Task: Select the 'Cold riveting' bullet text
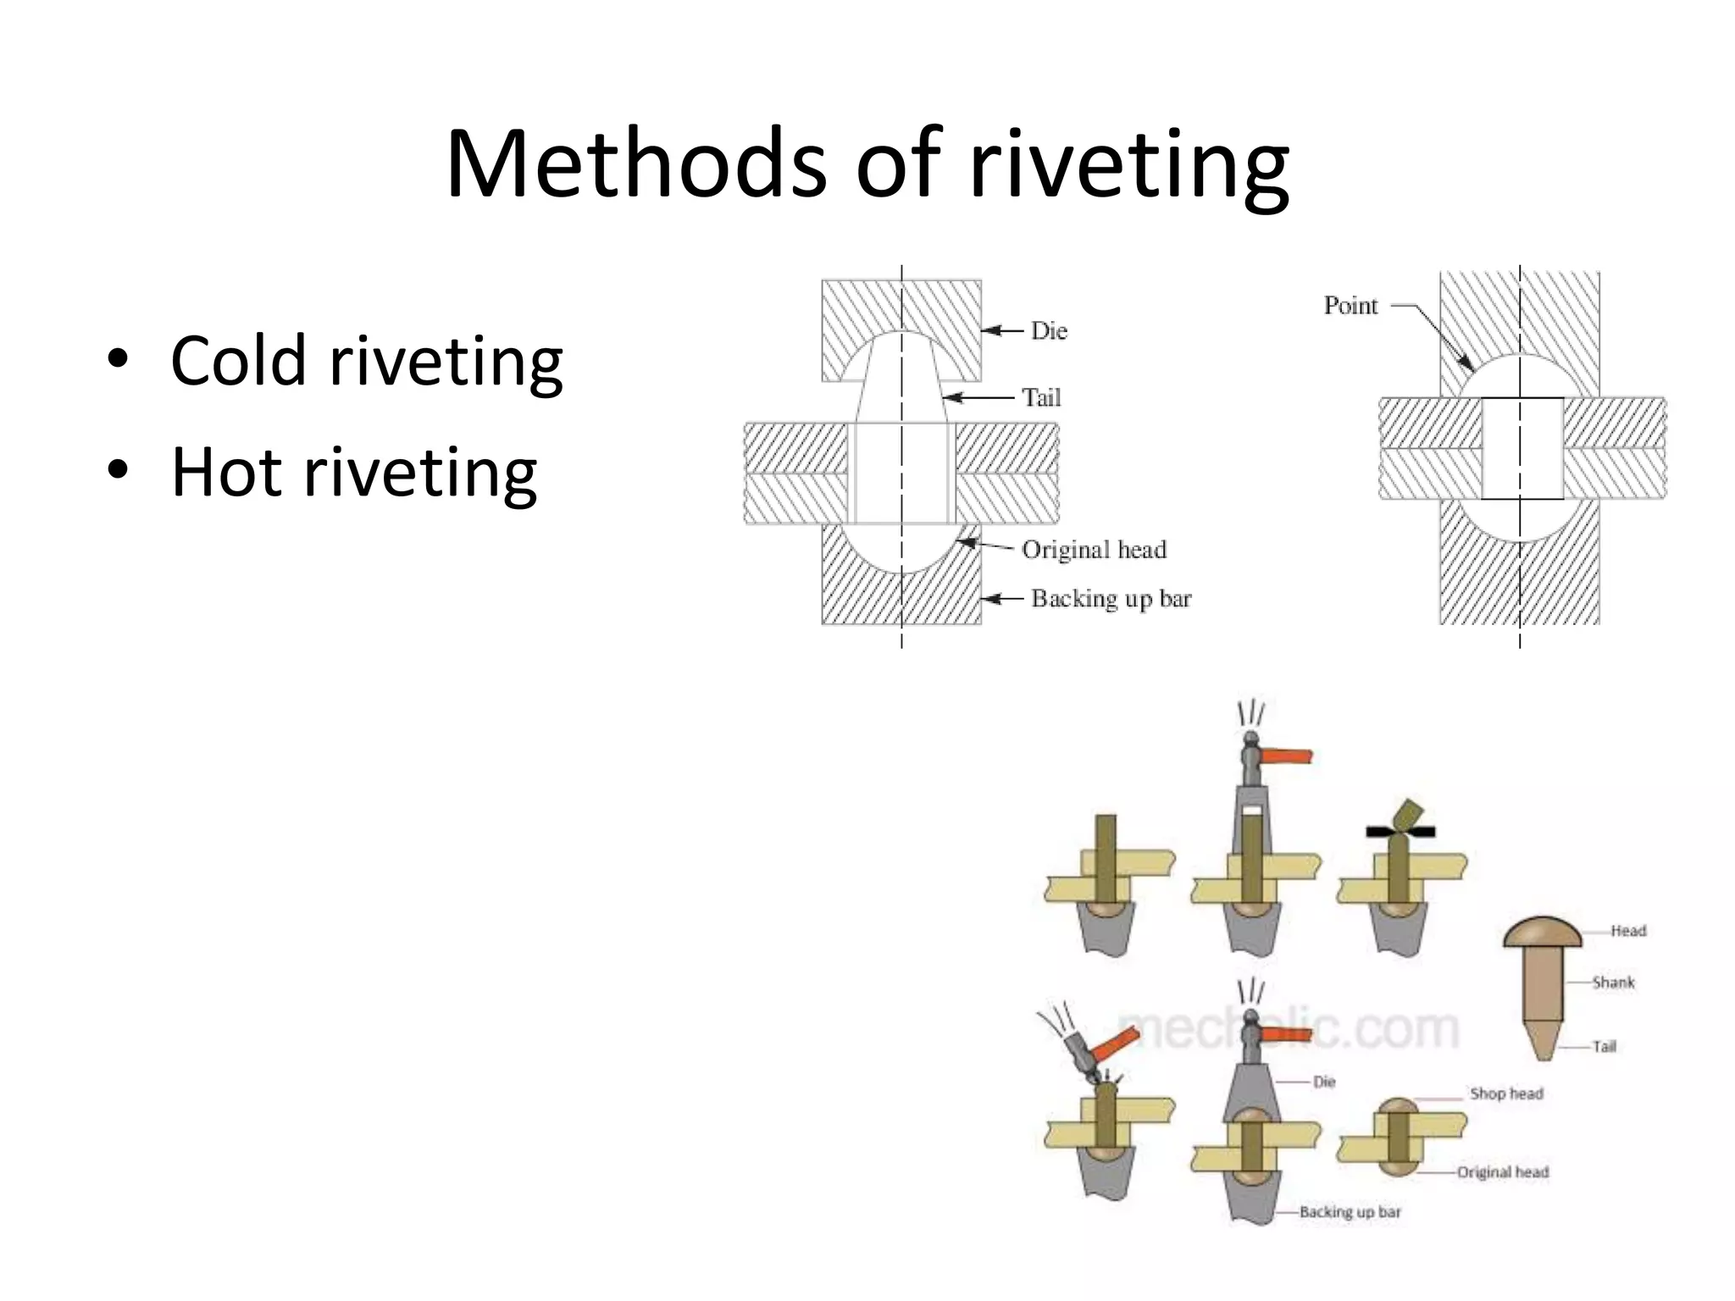(366, 362)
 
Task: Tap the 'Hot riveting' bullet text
(353, 472)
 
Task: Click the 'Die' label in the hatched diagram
(1049, 330)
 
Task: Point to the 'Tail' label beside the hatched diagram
(1040, 397)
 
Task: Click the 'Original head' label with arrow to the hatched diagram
(1094, 550)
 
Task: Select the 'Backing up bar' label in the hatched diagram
(1111, 599)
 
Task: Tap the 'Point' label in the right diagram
(1350, 305)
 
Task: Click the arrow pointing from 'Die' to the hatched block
(1003, 330)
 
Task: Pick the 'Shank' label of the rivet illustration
(1613, 983)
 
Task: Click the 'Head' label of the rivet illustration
(1628, 931)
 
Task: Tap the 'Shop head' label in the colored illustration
(1506, 1093)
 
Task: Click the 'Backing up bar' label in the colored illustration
(1350, 1212)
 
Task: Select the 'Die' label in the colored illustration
(1324, 1082)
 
